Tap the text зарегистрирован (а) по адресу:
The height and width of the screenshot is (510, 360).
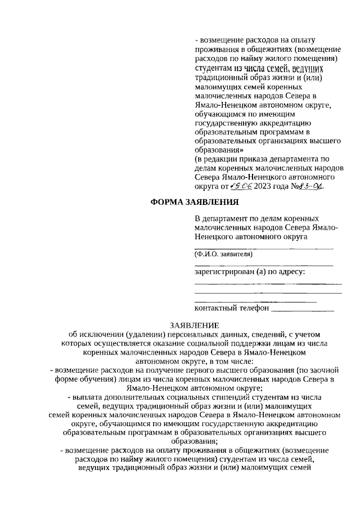click(250, 272)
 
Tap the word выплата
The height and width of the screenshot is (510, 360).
click(87, 397)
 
